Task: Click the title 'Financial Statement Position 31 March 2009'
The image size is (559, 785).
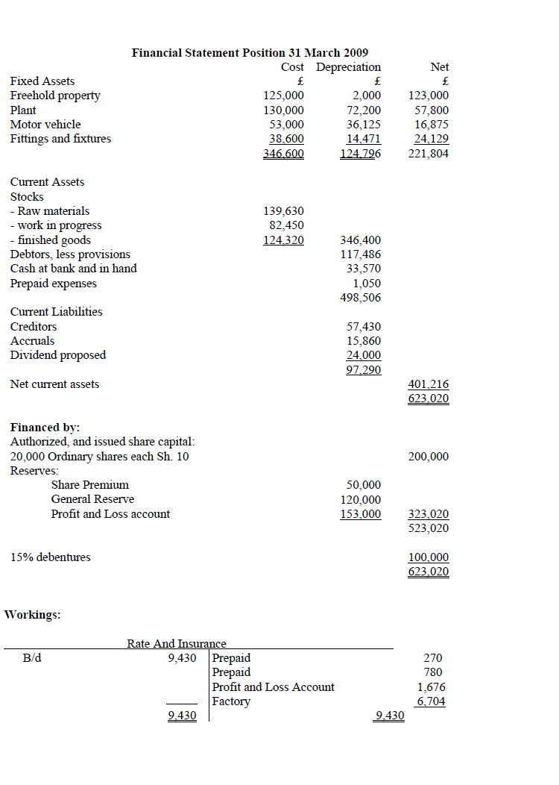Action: pos(250,52)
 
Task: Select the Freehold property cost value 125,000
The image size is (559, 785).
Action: pos(284,96)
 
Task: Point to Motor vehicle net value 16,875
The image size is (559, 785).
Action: pos(432,124)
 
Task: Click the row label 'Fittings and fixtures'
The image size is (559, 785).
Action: pos(60,138)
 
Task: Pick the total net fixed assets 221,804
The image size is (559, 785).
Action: pos(429,154)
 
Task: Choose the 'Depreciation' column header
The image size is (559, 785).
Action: pos(349,67)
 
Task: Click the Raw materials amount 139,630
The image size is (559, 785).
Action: pos(284,211)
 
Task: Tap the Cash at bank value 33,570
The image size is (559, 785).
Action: pos(364,269)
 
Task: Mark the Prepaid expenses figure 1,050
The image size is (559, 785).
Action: pos(367,284)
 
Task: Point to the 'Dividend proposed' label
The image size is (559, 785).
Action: pos(58,355)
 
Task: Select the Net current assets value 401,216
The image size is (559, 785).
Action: pos(429,384)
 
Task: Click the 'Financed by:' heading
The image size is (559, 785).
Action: pos(45,428)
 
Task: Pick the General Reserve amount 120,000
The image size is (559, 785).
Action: pos(361,499)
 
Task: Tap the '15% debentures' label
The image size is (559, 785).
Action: pos(51,557)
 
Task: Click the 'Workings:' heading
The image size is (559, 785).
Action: pos(33,615)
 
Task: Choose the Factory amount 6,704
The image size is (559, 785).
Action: pos(432,701)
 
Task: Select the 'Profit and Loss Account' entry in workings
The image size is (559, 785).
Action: pos(274,687)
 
